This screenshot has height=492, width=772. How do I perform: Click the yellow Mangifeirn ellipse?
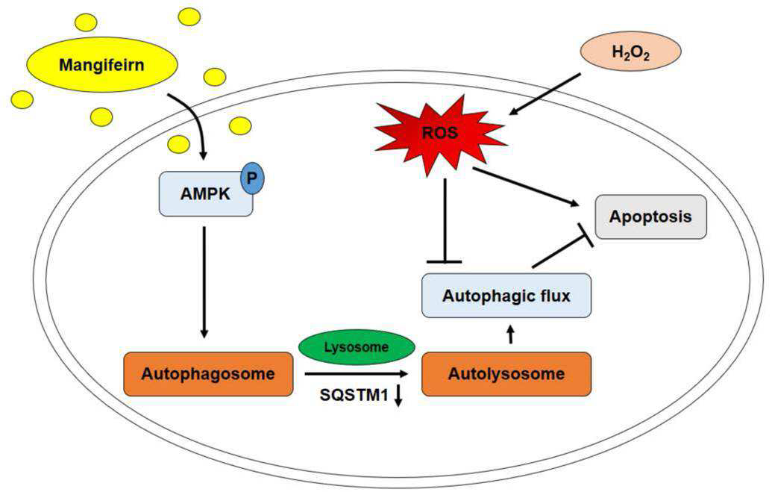(x=101, y=65)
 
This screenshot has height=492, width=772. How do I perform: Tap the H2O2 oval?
(x=631, y=52)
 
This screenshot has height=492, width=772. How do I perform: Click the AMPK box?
(x=206, y=194)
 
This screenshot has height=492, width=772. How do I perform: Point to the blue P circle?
(x=252, y=178)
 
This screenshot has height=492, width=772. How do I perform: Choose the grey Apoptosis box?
(x=651, y=217)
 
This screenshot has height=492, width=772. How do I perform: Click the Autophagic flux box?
(x=506, y=296)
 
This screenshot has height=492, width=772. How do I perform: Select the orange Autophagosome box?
(x=208, y=374)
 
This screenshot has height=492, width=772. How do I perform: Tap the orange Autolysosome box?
(x=506, y=374)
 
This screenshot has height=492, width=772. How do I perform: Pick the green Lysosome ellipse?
(x=357, y=347)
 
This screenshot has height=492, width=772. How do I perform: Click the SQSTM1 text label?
(x=354, y=395)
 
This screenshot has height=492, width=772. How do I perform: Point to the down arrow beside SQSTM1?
(x=398, y=395)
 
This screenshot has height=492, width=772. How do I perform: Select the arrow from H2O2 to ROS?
(x=545, y=94)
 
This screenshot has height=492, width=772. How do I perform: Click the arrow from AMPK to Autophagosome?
(x=204, y=282)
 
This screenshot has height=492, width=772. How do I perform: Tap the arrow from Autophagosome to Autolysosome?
(x=357, y=374)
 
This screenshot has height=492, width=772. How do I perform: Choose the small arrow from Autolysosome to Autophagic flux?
(x=510, y=334)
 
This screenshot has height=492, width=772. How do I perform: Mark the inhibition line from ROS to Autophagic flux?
(x=445, y=220)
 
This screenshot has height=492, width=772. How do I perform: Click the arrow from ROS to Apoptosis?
(x=526, y=187)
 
